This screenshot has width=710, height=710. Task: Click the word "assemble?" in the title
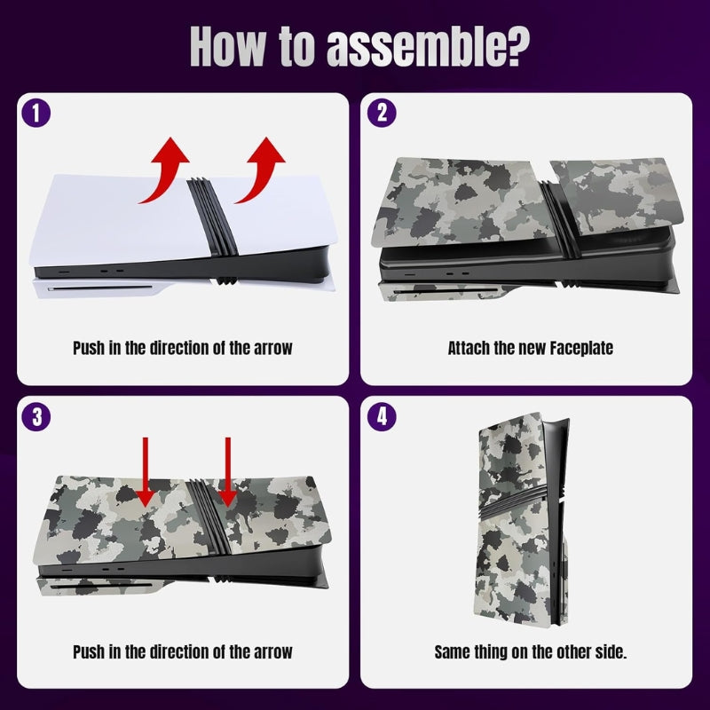click(x=428, y=47)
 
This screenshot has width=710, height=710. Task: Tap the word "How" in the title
click(x=227, y=47)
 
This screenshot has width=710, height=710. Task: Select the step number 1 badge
click(x=36, y=114)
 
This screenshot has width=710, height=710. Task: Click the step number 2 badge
click(x=382, y=114)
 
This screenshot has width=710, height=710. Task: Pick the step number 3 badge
click(x=36, y=416)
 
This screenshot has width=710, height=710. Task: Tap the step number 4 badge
click(x=382, y=416)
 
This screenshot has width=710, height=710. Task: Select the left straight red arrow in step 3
click(x=145, y=471)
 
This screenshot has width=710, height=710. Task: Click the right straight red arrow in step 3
click(x=228, y=471)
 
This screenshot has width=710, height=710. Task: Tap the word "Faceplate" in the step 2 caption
click(x=581, y=348)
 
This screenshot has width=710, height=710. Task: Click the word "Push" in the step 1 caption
click(x=89, y=348)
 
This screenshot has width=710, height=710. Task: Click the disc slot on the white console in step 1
click(x=100, y=288)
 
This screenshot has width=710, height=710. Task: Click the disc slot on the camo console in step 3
click(x=101, y=587)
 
